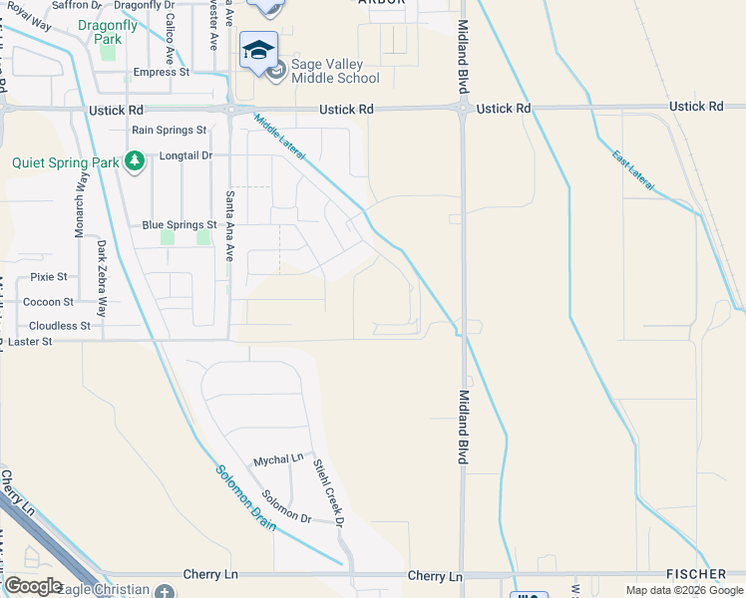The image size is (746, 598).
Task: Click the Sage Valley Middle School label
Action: (335, 70)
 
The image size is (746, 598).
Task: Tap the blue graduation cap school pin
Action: (258, 51)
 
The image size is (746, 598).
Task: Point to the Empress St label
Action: (161, 72)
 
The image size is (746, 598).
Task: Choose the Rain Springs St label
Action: (169, 130)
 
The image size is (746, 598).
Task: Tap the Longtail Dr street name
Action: (186, 155)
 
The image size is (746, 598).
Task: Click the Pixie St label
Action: (49, 276)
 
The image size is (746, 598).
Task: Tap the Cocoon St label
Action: (48, 301)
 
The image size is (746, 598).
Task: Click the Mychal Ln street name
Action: (277, 460)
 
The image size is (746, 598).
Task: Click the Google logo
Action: (33, 585)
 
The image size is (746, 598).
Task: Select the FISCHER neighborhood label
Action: (696, 574)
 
